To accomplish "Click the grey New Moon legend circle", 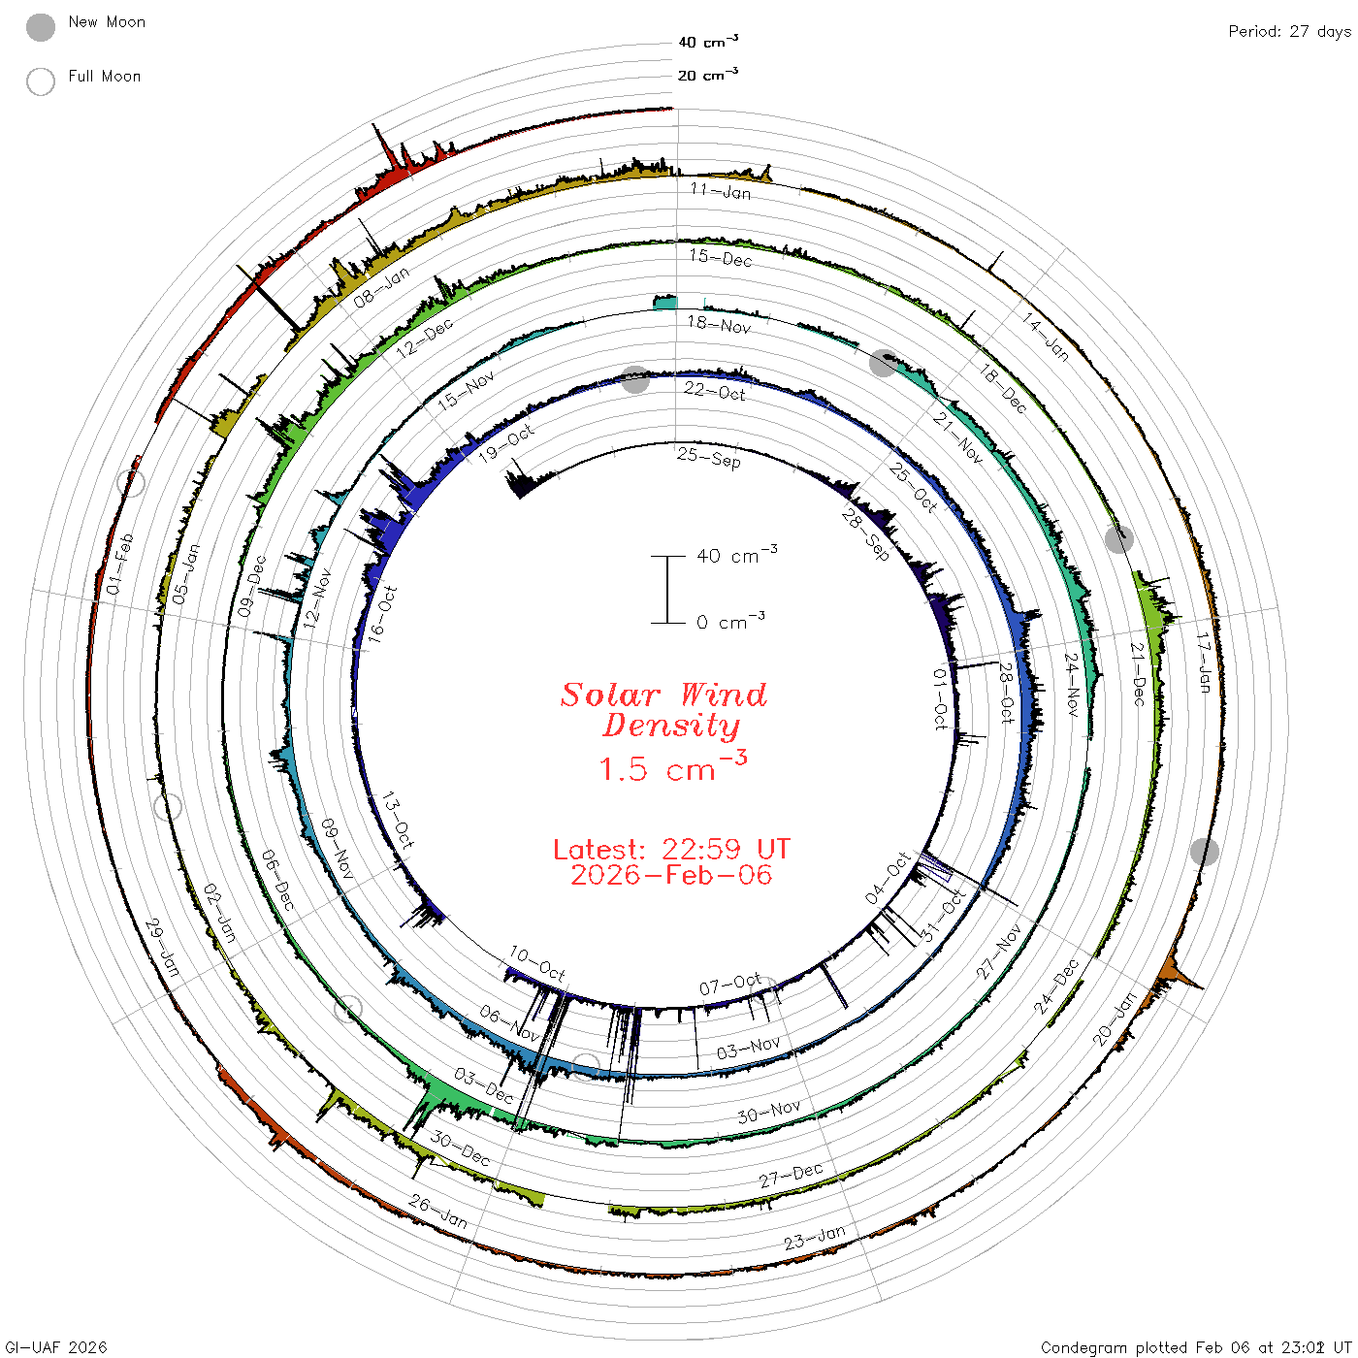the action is (41, 27).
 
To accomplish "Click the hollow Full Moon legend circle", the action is (41, 81).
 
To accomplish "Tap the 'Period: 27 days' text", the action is (1290, 32).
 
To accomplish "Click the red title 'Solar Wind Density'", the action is (663, 710).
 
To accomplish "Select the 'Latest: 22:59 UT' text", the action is (671, 849).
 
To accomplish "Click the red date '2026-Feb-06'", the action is (671, 875).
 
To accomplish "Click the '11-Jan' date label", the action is (721, 191).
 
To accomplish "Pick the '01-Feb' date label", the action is (120, 564).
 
